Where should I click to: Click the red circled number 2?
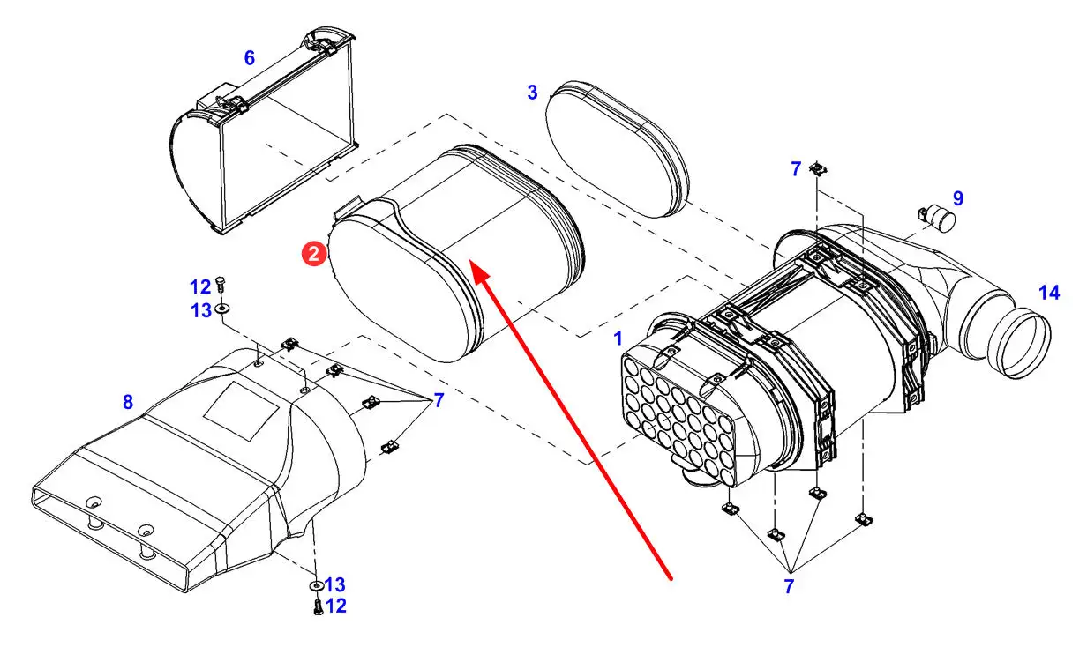pyautogui.click(x=314, y=254)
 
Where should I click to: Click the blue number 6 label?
pyautogui.click(x=249, y=57)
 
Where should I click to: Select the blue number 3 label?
pyautogui.click(x=532, y=92)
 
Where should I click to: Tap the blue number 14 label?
pyautogui.click(x=1049, y=293)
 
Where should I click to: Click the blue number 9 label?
pyautogui.click(x=958, y=198)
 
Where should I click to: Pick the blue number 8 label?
pyautogui.click(x=128, y=402)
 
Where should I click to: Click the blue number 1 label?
pyautogui.click(x=618, y=338)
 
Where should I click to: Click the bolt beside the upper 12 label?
pyautogui.click(x=221, y=283)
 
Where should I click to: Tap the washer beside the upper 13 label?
pyautogui.click(x=222, y=308)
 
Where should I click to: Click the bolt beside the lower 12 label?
pyautogui.click(x=318, y=606)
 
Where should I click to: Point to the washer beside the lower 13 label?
pyautogui.click(x=317, y=585)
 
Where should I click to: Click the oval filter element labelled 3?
pyautogui.click(x=617, y=149)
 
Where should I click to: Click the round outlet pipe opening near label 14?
pyautogui.click(x=1019, y=343)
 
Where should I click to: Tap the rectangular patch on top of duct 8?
pyautogui.click(x=241, y=411)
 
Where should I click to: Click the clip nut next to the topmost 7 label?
pyautogui.click(x=818, y=169)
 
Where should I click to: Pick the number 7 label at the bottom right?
pyautogui.click(x=789, y=586)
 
